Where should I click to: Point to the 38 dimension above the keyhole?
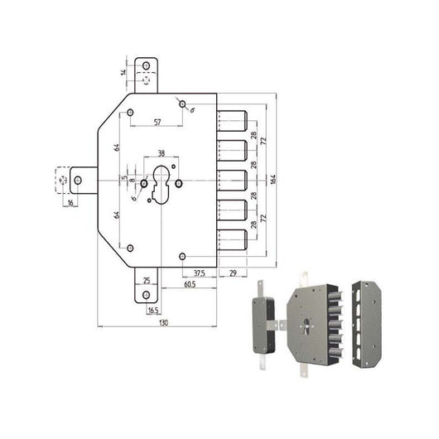point(161,153)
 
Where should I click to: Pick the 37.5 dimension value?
point(200,273)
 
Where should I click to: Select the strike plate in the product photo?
point(364,325)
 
